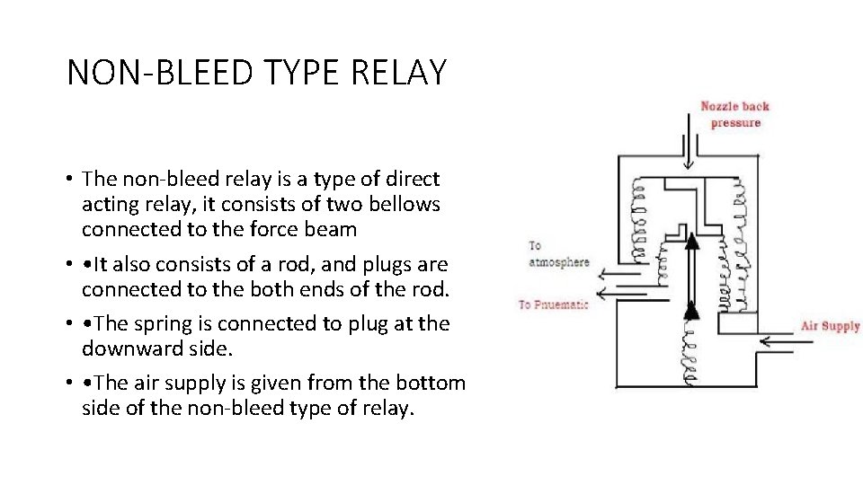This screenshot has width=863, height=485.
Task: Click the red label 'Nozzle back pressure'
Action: [x=735, y=114]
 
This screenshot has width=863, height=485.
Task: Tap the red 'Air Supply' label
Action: [x=830, y=325]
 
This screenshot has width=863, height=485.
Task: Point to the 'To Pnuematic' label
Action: [x=553, y=304]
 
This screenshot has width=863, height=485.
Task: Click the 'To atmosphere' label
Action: [x=558, y=253]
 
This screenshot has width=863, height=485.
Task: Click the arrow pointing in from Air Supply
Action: [x=777, y=340]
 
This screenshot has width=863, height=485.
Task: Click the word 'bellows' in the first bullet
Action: [x=408, y=204]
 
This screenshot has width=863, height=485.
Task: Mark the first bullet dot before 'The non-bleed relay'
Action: [x=69, y=180]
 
